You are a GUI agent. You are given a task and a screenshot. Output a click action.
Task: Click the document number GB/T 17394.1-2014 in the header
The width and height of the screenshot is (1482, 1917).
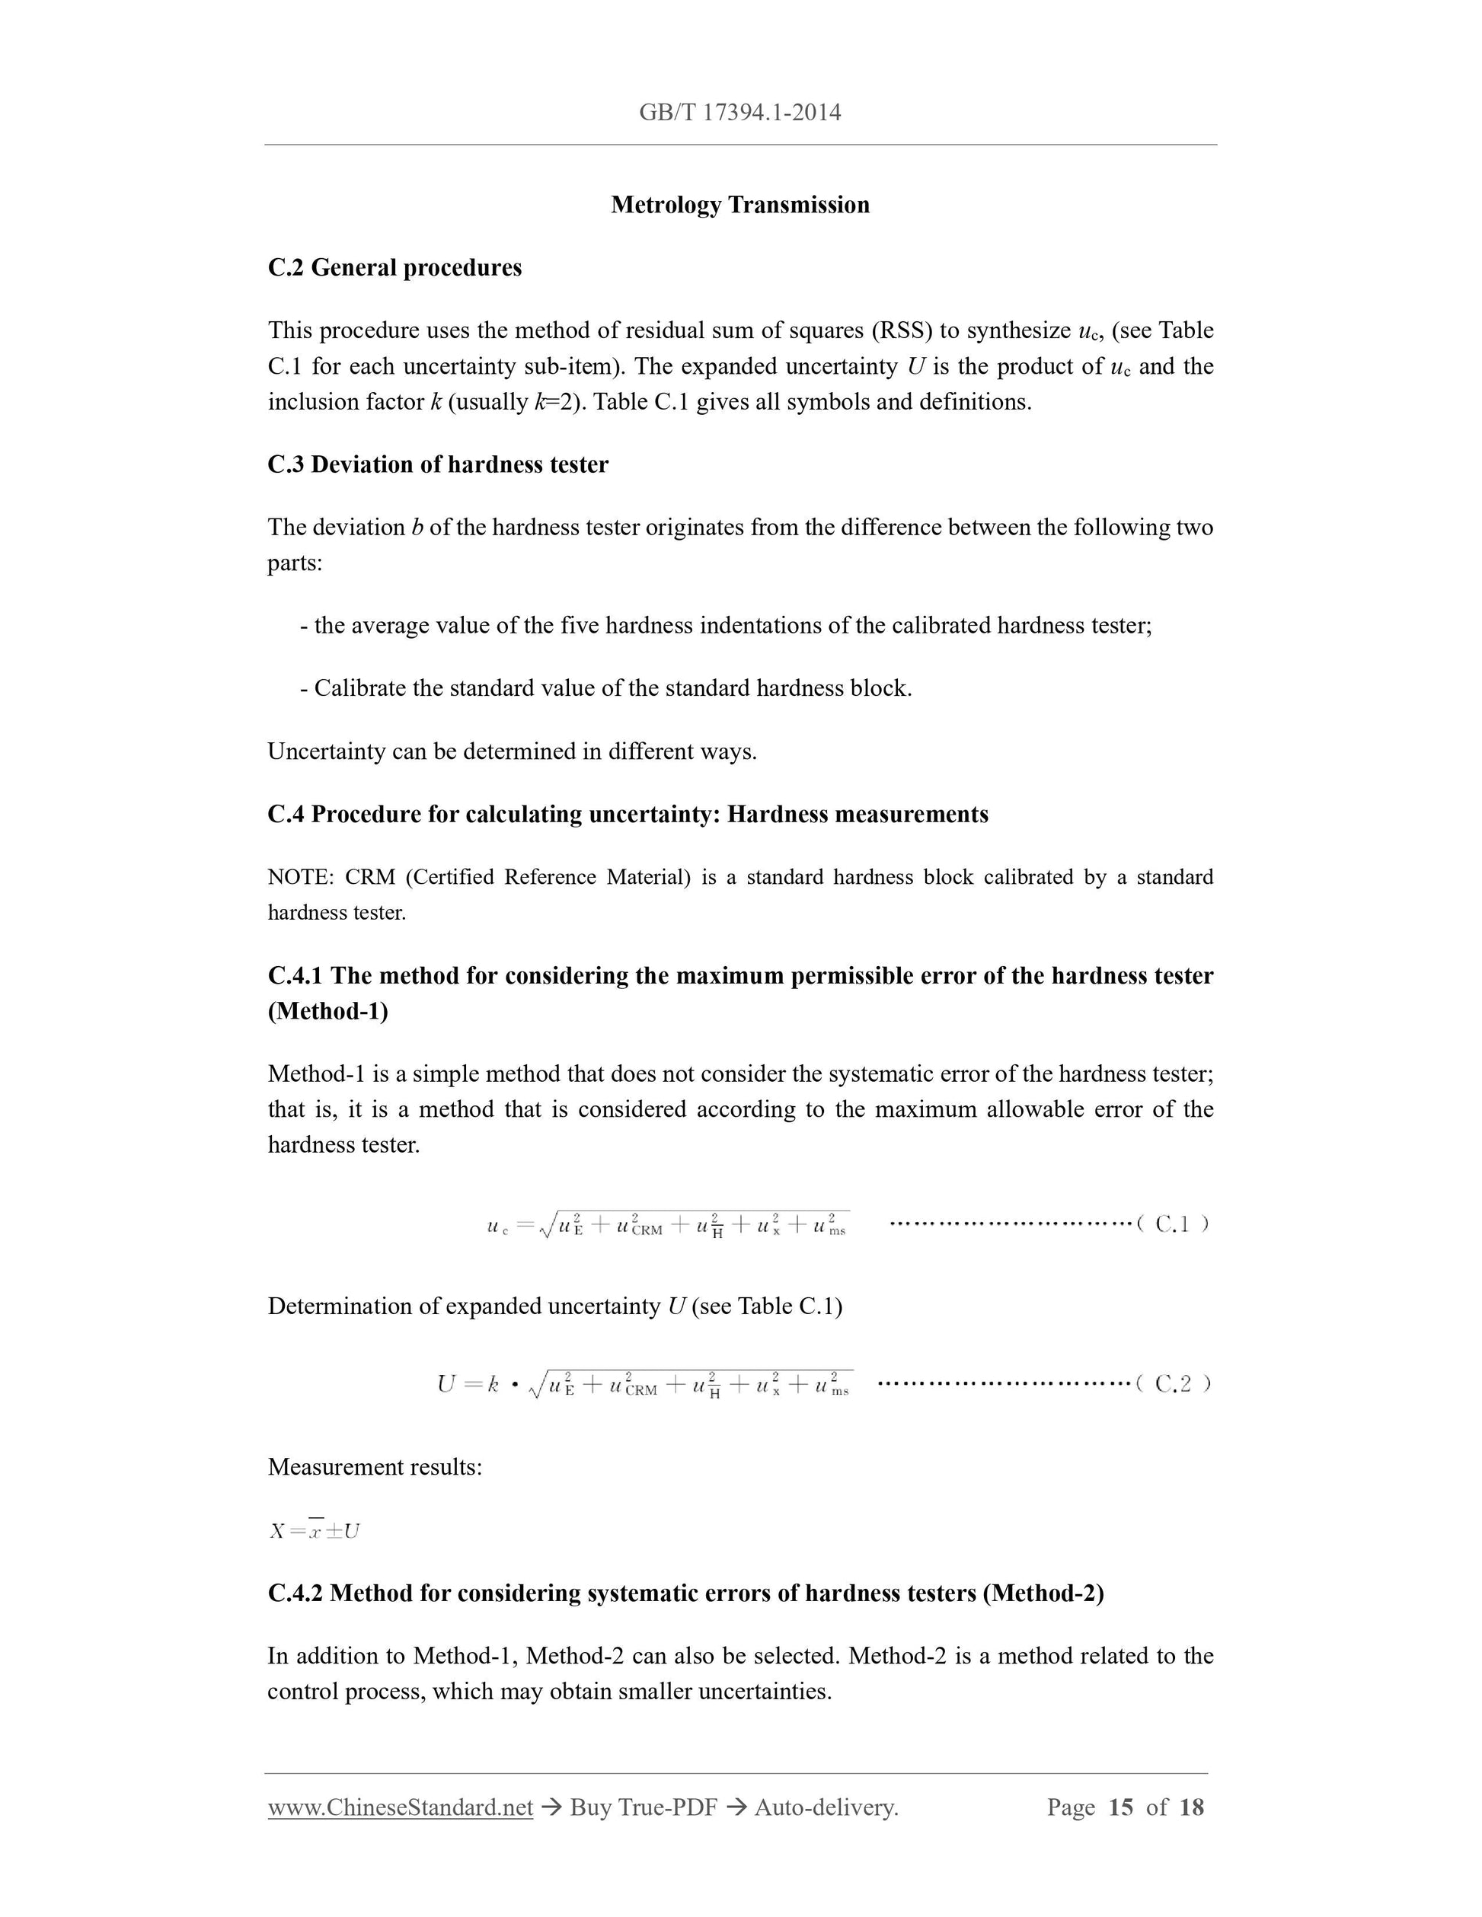pos(739,113)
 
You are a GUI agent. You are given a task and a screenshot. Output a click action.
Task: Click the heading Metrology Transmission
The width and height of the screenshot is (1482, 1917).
pos(739,205)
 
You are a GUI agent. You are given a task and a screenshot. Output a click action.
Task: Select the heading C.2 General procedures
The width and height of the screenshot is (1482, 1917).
pos(394,268)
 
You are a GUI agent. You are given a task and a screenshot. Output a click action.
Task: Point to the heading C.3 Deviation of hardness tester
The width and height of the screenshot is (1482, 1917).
pos(437,464)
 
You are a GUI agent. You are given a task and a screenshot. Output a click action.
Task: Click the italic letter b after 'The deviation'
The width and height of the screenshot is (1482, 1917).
pos(417,528)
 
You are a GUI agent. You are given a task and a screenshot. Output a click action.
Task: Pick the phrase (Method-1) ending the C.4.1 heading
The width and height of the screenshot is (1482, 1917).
pos(327,1011)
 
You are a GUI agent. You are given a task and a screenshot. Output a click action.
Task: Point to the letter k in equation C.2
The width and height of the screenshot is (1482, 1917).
pos(493,1385)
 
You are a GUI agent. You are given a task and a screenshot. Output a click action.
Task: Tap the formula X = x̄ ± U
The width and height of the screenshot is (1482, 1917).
pos(315,1531)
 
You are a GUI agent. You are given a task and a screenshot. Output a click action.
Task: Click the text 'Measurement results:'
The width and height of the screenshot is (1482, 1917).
pos(374,1467)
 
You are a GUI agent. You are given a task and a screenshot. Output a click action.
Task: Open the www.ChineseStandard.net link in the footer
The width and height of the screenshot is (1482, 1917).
pos(400,1807)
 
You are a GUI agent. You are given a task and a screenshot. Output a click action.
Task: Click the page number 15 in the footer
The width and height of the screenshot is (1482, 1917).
pos(1120,1807)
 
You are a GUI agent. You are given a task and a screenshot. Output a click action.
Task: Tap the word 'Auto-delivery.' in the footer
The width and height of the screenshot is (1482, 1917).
pos(826,1807)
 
